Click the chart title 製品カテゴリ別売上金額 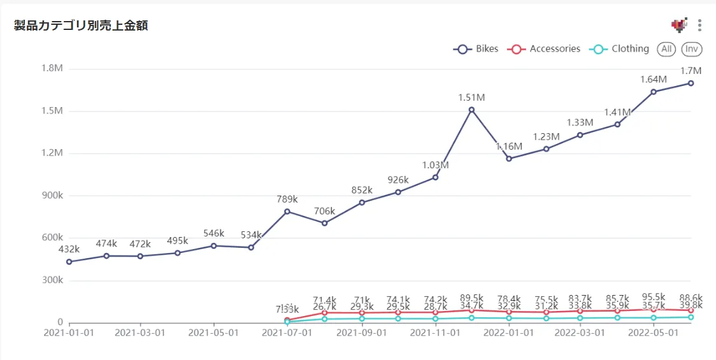pos(81,26)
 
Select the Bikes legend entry pos(476,49)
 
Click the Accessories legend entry pos(546,49)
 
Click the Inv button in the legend pos(692,49)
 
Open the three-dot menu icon pos(699,25)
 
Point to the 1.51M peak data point pos(471,110)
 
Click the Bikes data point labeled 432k pos(69,262)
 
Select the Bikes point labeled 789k pos(287,212)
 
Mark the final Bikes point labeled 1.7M pos(691,83)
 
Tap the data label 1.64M pos(654,80)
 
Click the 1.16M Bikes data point pos(508,159)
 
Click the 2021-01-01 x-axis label pos(68,333)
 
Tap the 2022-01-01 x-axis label pos(508,333)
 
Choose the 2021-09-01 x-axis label pos(362,333)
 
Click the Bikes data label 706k pos(324,212)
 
